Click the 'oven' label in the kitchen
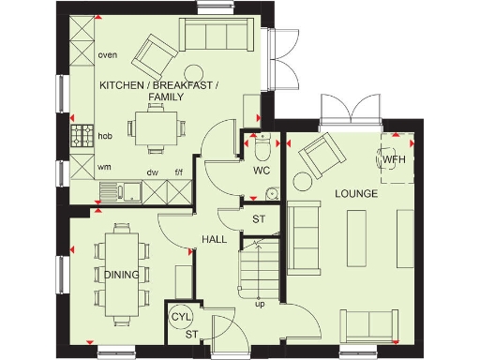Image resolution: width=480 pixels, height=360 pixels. [x=107, y=55]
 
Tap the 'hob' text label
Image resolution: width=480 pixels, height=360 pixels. [x=105, y=136]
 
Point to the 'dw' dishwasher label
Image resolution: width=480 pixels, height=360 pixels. [x=152, y=172]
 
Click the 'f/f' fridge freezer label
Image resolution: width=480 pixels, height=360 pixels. [x=177, y=172]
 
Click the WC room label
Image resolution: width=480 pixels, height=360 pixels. [x=262, y=172]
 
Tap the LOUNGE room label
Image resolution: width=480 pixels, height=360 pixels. [x=356, y=194]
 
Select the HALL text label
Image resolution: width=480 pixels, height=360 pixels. [x=214, y=240]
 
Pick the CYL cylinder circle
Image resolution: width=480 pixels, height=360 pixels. [x=181, y=318]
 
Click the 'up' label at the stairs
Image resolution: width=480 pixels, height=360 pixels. [x=259, y=304]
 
